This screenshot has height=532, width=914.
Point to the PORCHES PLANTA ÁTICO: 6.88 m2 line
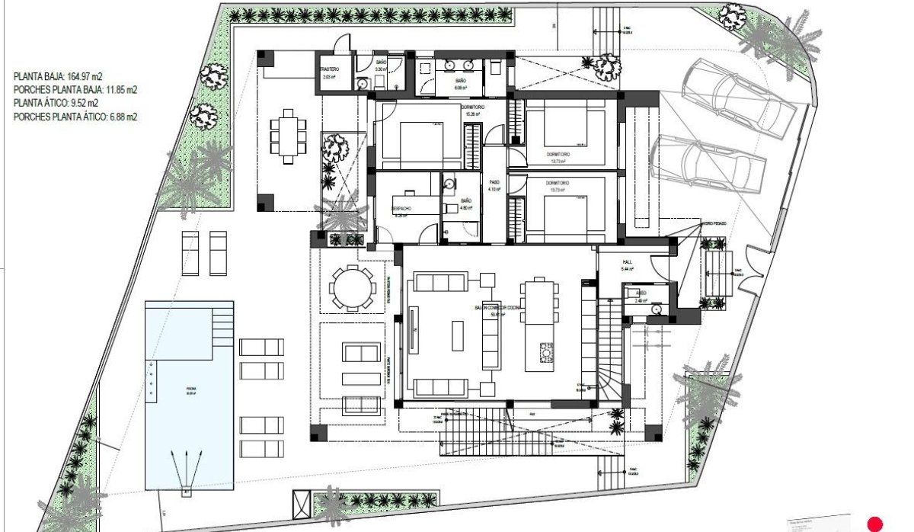[x=75, y=117]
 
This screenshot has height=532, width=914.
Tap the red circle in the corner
[x=875, y=524]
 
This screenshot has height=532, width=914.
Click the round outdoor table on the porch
[x=352, y=288]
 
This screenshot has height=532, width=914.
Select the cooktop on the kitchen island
[x=547, y=352]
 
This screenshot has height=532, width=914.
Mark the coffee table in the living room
[x=458, y=335]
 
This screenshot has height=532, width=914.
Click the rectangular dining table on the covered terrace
[x=287, y=136]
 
